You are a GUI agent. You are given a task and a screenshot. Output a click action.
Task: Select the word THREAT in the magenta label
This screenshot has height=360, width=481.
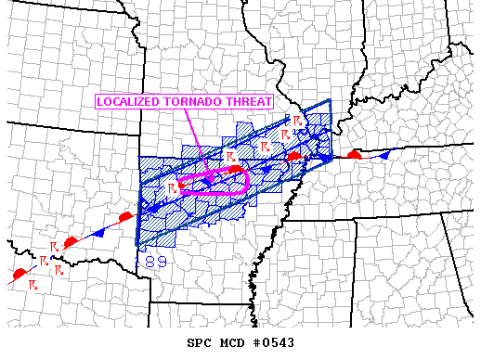[251, 101]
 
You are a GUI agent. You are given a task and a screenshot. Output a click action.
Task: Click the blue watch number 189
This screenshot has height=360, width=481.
[154, 263]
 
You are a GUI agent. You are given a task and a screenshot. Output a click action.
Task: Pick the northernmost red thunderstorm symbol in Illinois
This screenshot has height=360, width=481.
[297, 122]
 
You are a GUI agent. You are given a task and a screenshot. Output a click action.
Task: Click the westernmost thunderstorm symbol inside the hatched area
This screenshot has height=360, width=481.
[173, 188]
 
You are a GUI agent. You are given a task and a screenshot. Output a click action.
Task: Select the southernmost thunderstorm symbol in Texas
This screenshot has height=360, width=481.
[33, 283]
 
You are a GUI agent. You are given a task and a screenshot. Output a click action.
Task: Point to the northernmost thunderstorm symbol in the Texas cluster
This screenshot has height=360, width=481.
[55, 245]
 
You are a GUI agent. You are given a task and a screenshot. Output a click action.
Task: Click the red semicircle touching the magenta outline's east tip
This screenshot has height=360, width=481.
[236, 170]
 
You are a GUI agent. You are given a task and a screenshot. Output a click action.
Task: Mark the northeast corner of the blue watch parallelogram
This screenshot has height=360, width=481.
[331, 100]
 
